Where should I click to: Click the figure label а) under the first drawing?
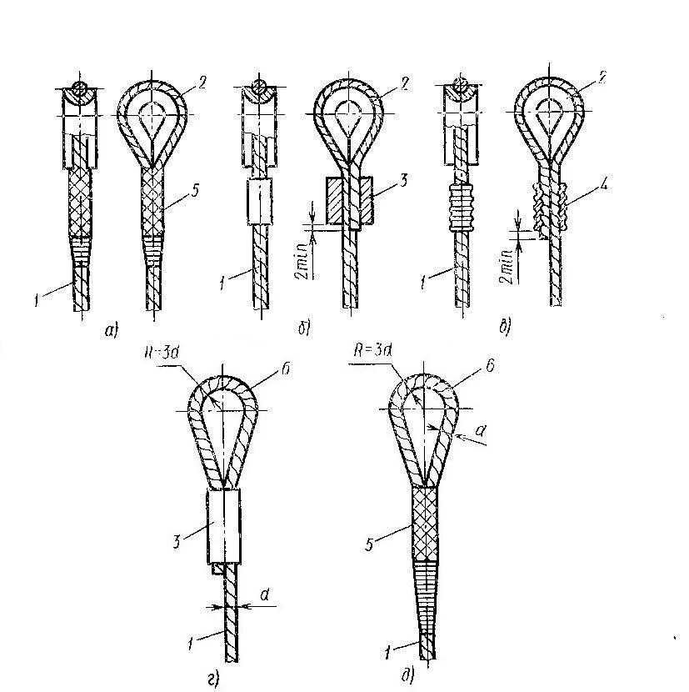point(112,331)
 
